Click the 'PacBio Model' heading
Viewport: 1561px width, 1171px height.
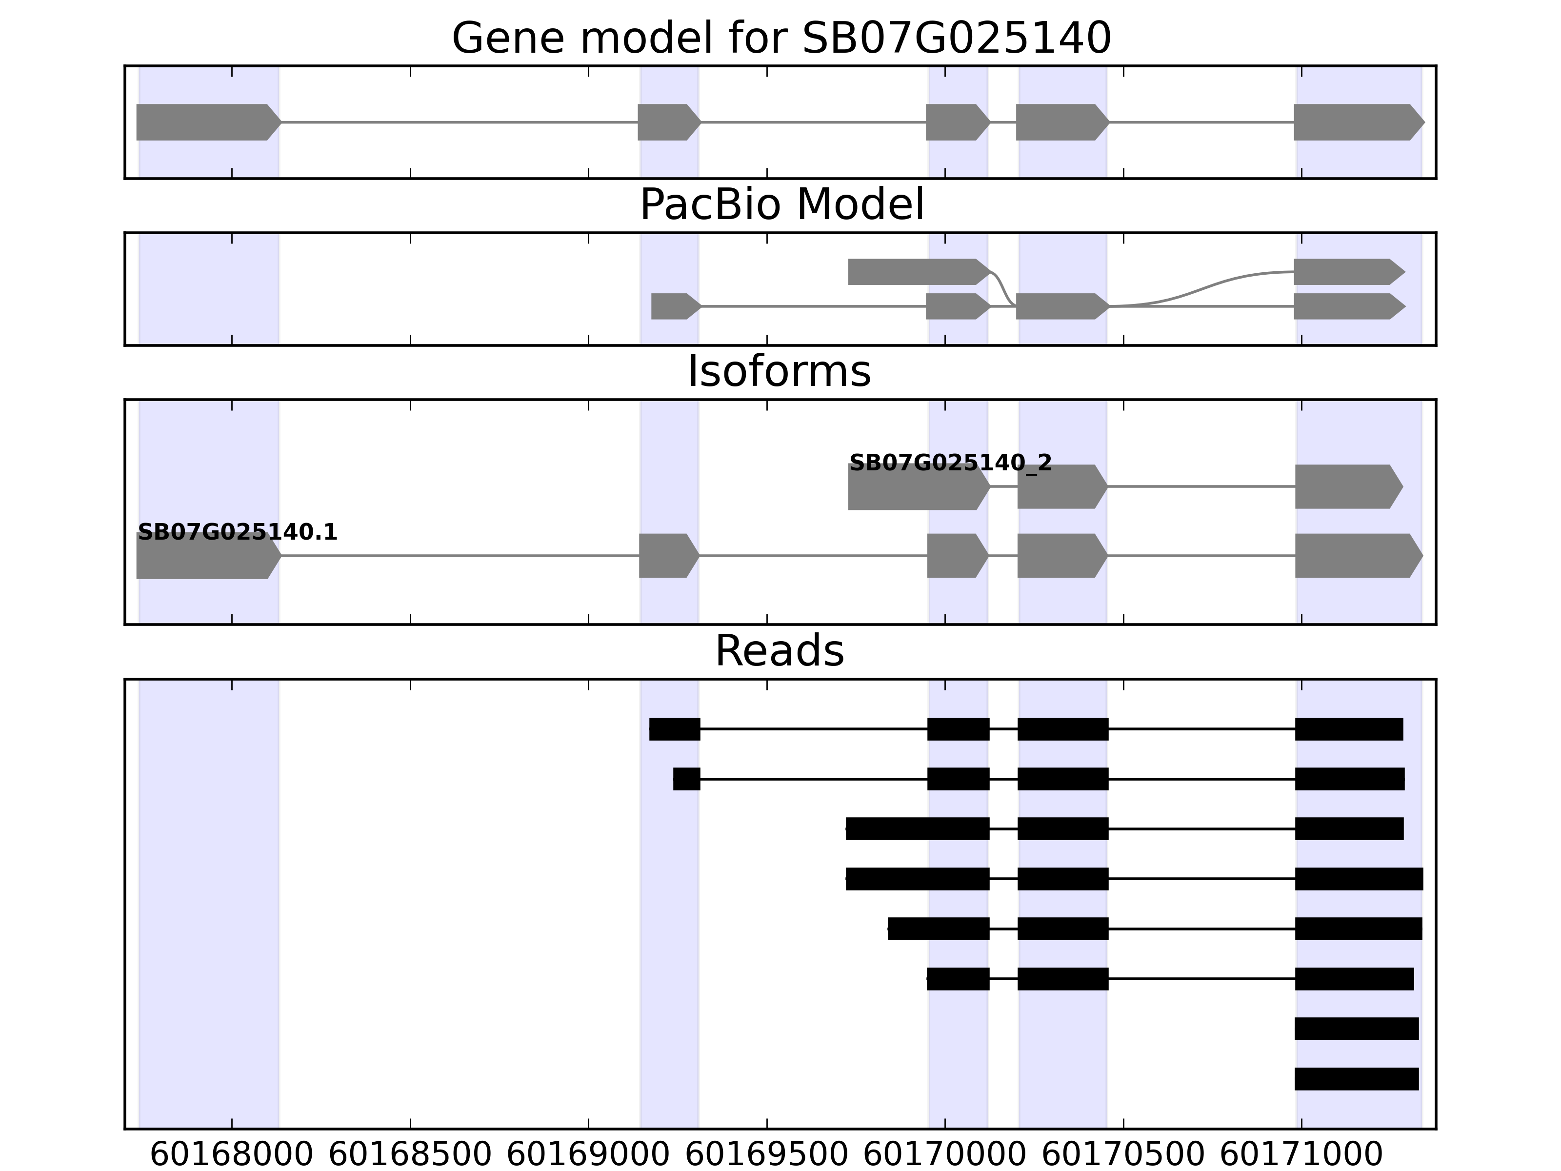pyautogui.click(x=781, y=205)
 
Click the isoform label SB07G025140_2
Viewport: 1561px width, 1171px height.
pyautogui.click(x=950, y=463)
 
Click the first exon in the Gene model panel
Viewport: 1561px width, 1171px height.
pyautogui.click(x=205, y=122)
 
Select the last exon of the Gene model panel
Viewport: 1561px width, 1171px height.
pyautogui.click(x=1355, y=122)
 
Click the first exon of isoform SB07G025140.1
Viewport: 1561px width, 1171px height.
pyautogui.click(x=205, y=556)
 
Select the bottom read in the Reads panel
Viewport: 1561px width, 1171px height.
pyautogui.click(x=1356, y=1078)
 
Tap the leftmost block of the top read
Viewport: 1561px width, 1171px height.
pyautogui.click(x=675, y=729)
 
